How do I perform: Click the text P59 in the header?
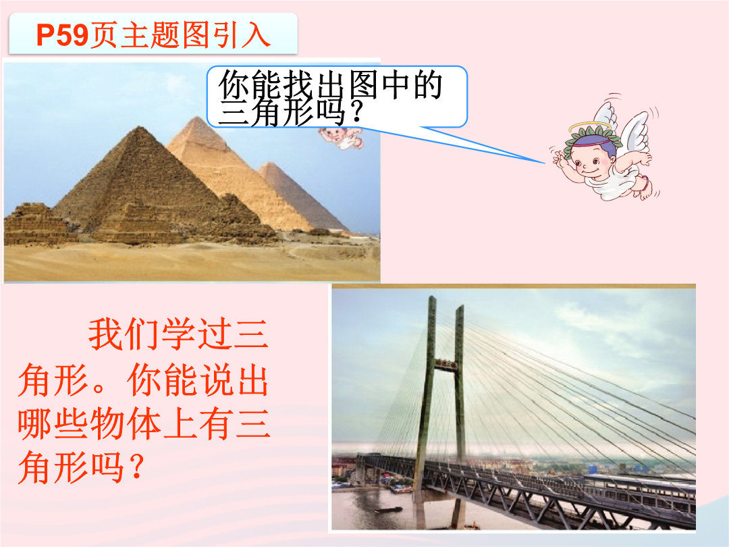[x=62, y=35]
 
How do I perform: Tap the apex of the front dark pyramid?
[x=139, y=127]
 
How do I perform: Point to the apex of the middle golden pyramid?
[x=197, y=117]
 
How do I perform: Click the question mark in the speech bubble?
[x=356, y=113]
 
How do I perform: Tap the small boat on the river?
[x=389, y=510]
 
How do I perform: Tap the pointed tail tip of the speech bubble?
[x=545, y=163]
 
